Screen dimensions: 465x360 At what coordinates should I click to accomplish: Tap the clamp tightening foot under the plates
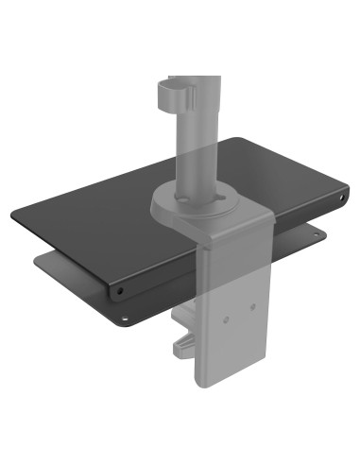pos(184,350)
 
